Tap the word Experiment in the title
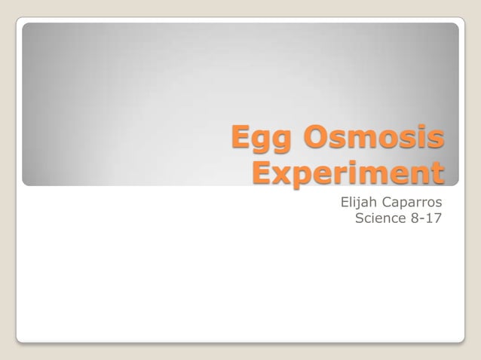point(348,174)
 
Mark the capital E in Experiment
point(262,172)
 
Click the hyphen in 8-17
point(422,220)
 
